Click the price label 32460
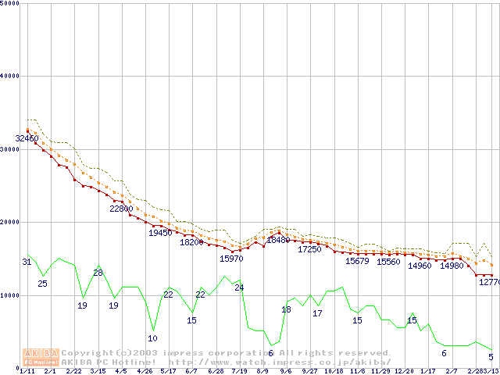pyautogui.click(x=27, y=138)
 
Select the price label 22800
pyautogui.click(x=121, y=209)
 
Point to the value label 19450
pyautogui.click(x=160, y=233)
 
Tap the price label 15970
pyautogui.click(x=231, y=258)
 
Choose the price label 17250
pyautogui.click(x=309, y=249)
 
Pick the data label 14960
pyautogui.click(x=420, y=266)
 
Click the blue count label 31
pyautogui.click(x=27, y=262)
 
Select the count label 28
pyautogui.click(x=98, y=273)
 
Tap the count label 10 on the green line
pyautogui.click(x=152, y=338)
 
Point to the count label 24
pyautogui.click(x=239, y=287)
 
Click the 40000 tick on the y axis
pyautogui.click(x=10, y=76)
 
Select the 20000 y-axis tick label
pyautogui.click(x=10, y=222)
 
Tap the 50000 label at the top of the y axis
pyautogui.click(x=10, y=3)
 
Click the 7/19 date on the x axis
pyautogui.click(x=239, y=371)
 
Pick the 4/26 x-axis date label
pyautogui.click(x=145, y=371)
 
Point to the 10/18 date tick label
pyautogui.click(x=334, y=371)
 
